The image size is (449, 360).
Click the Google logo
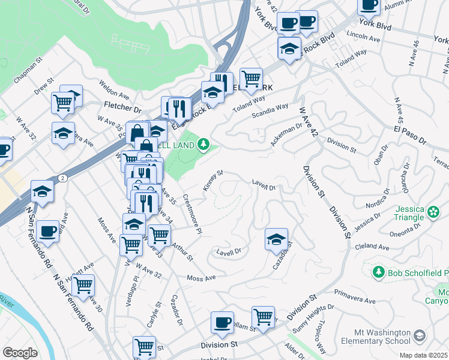point(20,353)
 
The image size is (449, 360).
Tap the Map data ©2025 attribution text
point(424,355)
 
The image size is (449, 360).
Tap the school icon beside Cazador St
point(276,239)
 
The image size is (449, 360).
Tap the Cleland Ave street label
point(372,247)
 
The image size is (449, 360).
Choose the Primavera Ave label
point(354,298)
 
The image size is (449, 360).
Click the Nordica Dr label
point(376,200)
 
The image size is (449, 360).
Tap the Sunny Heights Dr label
point(312,319)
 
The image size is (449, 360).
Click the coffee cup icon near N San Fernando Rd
point(47,232)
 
